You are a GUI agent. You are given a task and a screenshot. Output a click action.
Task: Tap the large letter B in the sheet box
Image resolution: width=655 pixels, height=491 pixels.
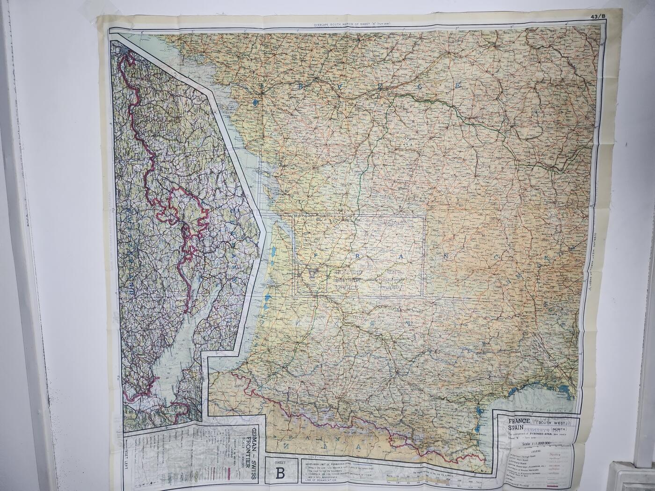coord(280,473)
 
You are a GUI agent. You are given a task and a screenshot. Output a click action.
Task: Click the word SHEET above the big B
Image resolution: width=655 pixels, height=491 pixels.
coord(280,460)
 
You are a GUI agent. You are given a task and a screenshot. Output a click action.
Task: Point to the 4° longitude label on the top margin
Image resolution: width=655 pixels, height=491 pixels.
coord(566,24)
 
